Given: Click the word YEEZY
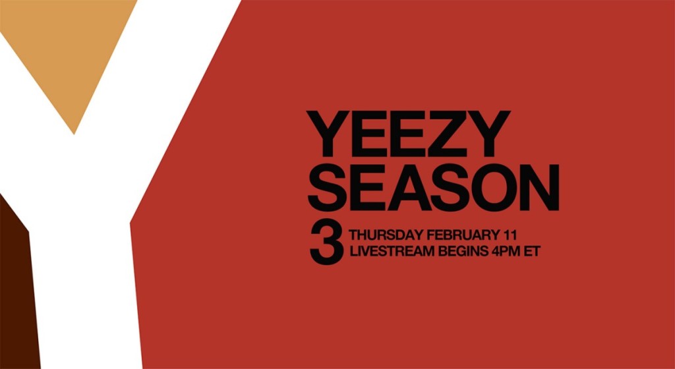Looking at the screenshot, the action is pyautogui.click(x=408, y=134).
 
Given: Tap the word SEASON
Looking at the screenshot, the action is pyautogui.click(x=433, y=188).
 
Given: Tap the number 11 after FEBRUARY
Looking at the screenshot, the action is pyautogui.click(x=510, y=235).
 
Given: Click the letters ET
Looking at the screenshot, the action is pyautogui.click(x=532, y=252).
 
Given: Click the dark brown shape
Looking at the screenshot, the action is pyautogui.click(x=17, y=293).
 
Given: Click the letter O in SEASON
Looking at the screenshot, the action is pyautogui.click(x=488, y=188).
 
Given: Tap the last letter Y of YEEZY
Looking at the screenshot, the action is pyautogui.click(x=488, y=134).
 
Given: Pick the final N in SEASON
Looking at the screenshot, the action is pyautogui.click(x=538, y=188).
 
